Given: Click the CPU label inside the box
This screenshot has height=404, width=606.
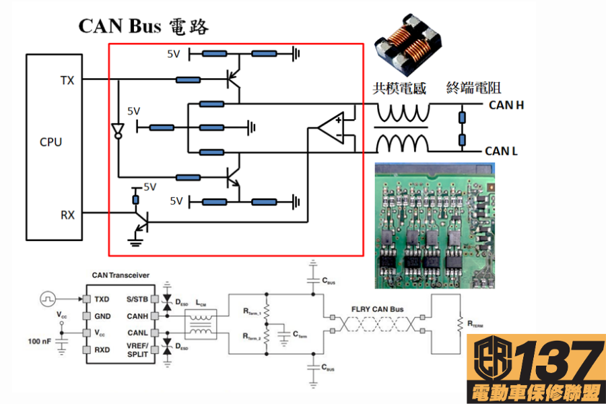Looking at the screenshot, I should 50,142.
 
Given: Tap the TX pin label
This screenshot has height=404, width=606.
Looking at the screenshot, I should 67,81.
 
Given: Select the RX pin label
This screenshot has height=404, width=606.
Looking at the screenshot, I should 68,215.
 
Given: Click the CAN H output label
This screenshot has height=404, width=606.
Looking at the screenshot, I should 506,104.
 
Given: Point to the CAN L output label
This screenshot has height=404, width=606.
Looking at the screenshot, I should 502,151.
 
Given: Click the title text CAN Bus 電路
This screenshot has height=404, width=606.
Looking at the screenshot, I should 143,26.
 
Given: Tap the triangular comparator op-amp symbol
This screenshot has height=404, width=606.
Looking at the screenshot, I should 333,128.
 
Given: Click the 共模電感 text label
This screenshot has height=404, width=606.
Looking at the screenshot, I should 401,88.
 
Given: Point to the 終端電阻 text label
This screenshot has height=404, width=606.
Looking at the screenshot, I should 474,88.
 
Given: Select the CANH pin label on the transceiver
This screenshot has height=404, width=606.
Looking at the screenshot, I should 137,315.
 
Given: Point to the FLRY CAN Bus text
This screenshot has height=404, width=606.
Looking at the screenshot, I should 377,310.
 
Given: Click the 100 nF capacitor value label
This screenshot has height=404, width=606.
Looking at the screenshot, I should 38,342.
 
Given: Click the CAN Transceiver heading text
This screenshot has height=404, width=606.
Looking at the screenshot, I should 120,275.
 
